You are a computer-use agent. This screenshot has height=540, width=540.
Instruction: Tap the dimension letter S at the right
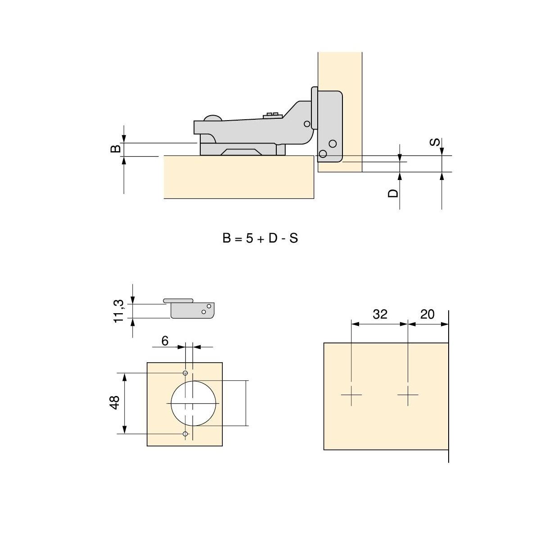(x=435, y=142)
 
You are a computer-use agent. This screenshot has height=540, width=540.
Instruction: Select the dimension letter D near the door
(x=393, y=193)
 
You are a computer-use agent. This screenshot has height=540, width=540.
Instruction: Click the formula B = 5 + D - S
(x=260, y=238)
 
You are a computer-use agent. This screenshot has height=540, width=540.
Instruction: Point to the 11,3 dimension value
(x=118, y=311)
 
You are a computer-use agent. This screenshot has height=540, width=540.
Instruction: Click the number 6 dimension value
(x=165, y=341)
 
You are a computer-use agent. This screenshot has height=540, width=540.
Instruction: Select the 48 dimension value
(x=115, y=403)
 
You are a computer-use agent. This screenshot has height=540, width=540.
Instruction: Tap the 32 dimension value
(x=380, y=314)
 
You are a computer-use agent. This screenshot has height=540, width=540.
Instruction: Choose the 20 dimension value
(x=427, y=314)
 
